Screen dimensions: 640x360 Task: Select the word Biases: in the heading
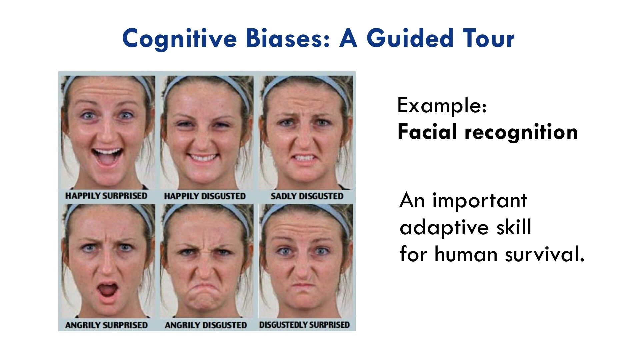(x=288, y=38)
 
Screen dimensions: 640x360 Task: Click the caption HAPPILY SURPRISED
(x=106, y=196)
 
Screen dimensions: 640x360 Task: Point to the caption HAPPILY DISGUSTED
(x=205, y=196)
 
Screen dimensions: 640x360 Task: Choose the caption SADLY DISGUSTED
(x=307, y=196)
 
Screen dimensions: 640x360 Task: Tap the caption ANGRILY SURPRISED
(x=106, y=325)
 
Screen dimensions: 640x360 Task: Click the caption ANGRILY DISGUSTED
(x=206, y=325)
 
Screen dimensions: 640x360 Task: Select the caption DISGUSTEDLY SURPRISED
(x=304, y=325)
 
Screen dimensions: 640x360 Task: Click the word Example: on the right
(x=442, y=106)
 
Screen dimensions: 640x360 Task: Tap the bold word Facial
(x=427, y=131)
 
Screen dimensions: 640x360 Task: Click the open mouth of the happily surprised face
(x=107, y=157)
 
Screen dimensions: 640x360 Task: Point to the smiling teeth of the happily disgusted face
(x=203, y=157)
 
